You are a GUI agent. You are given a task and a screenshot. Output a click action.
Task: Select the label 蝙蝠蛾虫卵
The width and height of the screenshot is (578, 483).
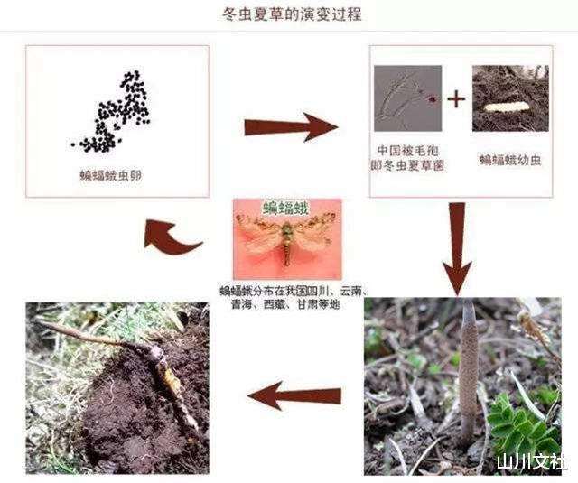pyautogui.click(x=112, y=177)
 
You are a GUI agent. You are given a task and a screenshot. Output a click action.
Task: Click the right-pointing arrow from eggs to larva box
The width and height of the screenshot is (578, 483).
pyautogui.click(x=290, y=126)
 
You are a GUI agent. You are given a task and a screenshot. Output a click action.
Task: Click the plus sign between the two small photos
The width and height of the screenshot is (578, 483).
pyautogui.click(x=457, y=98)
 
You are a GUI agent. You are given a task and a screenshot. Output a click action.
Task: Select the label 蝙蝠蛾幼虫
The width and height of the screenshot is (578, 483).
pyautogui.click(x=510, y=160)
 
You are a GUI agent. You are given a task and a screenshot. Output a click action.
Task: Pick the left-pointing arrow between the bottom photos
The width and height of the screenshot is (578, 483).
pyautogui.click(x=294, y=395)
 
